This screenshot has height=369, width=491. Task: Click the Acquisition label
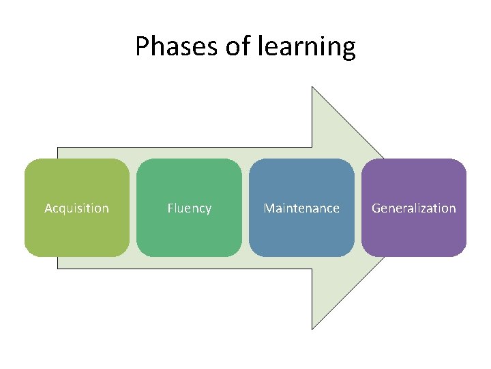coord(76,208)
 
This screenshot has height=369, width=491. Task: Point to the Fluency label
coord(189,208)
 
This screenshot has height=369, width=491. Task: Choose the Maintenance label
coord(301,208)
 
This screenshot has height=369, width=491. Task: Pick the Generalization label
coord(413,208)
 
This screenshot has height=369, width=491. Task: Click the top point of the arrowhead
coord(312,87)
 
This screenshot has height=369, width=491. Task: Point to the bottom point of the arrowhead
coord(312,329)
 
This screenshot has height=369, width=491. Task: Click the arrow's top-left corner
coord(58,148)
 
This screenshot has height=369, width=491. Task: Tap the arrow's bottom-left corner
coord(58,268)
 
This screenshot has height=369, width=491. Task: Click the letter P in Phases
coord(142,46)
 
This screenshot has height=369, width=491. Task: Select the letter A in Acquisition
coord(48,208)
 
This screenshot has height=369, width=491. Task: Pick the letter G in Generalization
coord(376,208)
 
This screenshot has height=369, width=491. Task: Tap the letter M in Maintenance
coord(269,208)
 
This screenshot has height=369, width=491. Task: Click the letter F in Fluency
coord(170,208)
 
